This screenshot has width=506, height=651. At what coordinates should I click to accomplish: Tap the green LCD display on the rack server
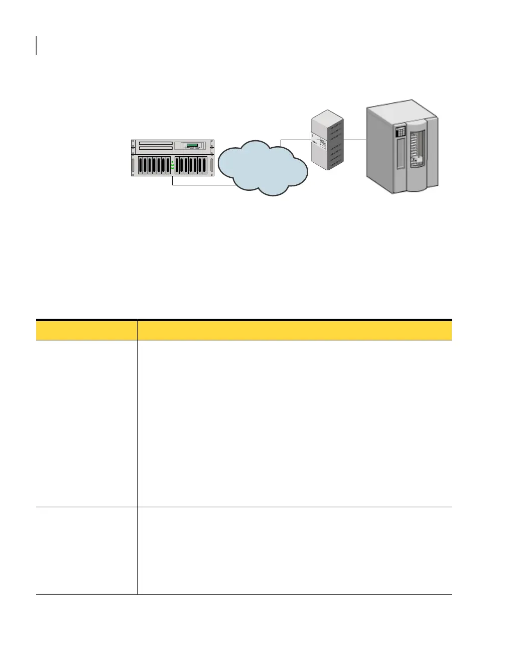[192, 146]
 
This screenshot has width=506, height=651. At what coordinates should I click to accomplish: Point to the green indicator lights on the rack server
[172, 165]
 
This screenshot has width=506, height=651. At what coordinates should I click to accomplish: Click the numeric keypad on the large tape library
[401, 132]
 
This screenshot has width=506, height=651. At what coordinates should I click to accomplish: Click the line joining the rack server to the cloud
[201, 185]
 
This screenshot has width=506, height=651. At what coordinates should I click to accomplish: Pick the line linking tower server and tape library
[354, 139]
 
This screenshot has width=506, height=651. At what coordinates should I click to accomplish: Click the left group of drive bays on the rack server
[153, 165]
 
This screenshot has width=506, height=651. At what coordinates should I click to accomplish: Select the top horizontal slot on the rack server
[156, 143]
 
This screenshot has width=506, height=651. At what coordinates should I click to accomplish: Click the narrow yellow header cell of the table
[86, 330]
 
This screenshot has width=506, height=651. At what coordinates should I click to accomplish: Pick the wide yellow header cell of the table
[294, 330]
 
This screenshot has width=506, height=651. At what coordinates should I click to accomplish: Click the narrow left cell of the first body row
[86, 423]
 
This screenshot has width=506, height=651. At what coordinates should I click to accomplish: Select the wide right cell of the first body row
[294, 423]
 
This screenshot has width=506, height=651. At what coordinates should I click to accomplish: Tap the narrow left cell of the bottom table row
[86, 551]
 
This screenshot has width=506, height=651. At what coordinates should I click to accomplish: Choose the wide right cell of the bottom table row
[294, 551]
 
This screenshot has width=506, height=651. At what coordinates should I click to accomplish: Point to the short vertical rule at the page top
[37, 45]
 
